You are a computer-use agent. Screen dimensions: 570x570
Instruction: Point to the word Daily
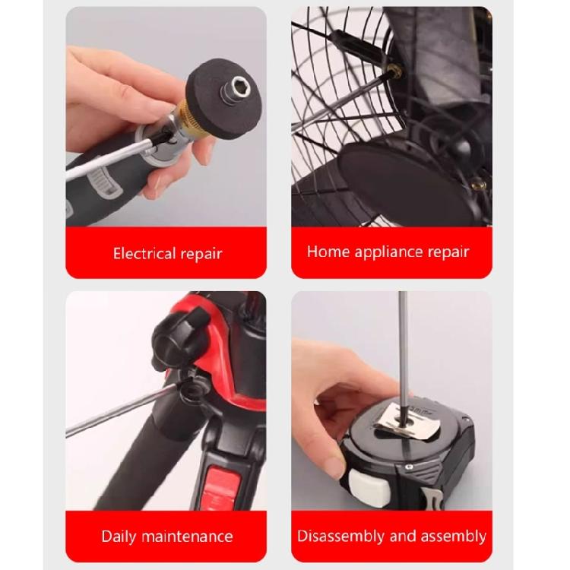point(121,536)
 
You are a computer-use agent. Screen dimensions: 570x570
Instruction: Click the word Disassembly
point(340,536)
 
